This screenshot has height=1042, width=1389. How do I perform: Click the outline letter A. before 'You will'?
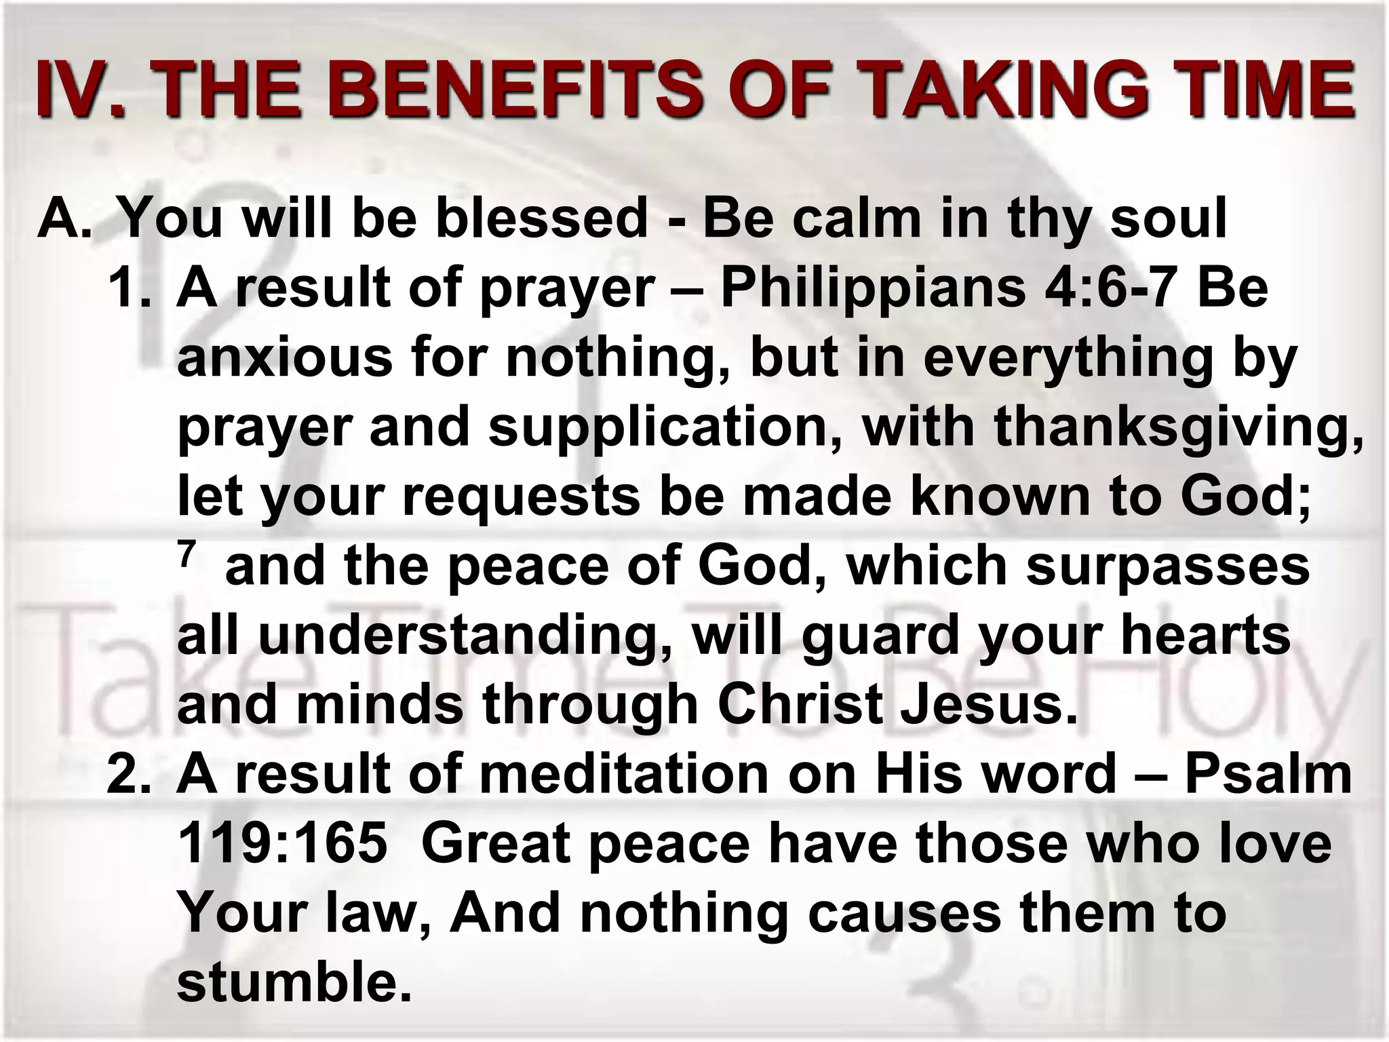coord(64,218)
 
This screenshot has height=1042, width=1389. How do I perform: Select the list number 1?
coord(129,288)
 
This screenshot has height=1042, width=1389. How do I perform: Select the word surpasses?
coord(1167,567)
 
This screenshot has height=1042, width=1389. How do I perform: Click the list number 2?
coord(129,775)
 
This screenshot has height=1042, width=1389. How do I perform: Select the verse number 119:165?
coord(282,845)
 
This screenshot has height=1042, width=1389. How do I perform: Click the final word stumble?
coord(294,984)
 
